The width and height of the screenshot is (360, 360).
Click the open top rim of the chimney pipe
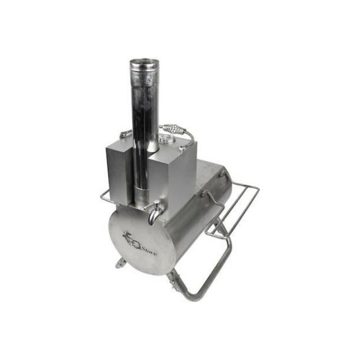145,63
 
